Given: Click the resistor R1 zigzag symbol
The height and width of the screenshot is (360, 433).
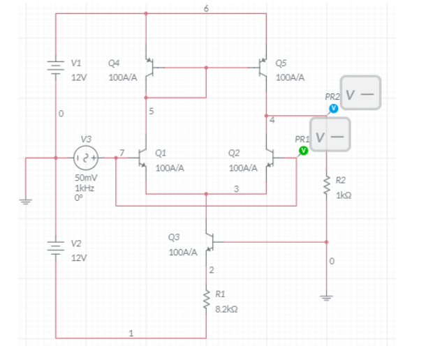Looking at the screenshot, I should pos(207,299).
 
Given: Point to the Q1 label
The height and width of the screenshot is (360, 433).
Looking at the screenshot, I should pos(161,151).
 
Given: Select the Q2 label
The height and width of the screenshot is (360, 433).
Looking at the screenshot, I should pos(234,151).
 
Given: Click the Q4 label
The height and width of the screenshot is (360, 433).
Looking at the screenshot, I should pos(114,63).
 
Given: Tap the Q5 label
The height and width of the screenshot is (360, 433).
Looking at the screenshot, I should pos(281,63).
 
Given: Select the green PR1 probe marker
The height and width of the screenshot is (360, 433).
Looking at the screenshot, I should pos(302,150).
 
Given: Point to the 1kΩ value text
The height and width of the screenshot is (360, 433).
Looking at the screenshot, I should pos(344,195).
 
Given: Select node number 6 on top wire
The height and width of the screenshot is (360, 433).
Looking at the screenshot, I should pos(205,8).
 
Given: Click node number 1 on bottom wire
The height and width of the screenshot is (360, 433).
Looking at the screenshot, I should pos(130,332).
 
